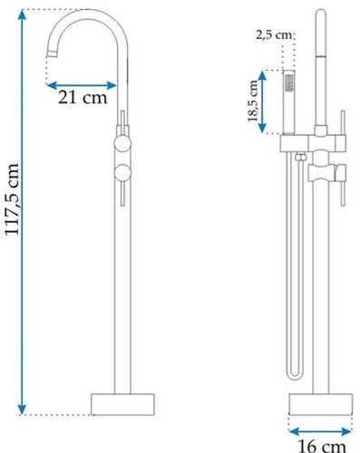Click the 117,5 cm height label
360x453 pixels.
[13, 199]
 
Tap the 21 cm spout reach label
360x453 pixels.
[83, 98]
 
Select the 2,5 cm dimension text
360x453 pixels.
[274, 35]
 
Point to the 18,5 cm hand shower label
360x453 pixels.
[253, 101]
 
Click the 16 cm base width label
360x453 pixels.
[322, 446]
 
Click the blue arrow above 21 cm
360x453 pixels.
[82, 85]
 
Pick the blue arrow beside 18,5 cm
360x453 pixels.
[262, 101]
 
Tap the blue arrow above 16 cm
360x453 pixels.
[320, 432]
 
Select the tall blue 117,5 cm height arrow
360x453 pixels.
[22, 212]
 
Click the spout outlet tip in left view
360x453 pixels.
[53, 53]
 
